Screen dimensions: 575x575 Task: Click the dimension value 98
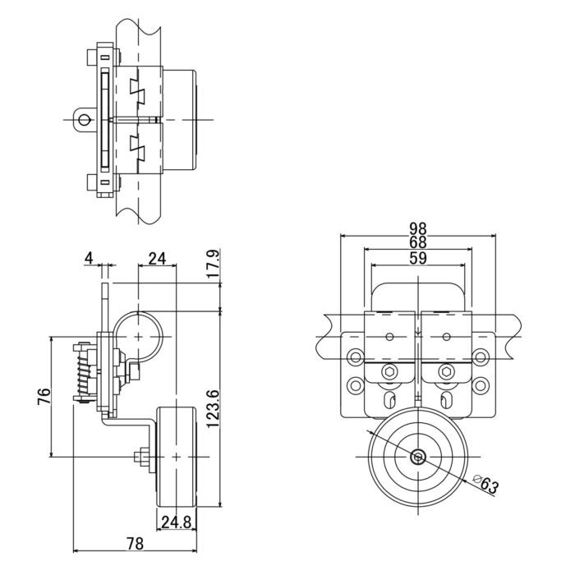tap(419, 228)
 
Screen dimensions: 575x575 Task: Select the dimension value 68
tap(419, 242)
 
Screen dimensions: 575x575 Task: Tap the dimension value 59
tap(419, 257)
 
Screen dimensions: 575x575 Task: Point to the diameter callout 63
tap(488, 485)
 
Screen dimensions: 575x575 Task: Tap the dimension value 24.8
tap(177, 522)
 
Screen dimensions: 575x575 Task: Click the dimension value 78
tap(136, 543)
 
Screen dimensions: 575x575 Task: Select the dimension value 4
tap(88, 259)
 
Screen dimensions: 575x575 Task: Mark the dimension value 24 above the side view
tap(156, 259)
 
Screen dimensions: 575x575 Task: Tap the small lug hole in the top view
tap(83, 120)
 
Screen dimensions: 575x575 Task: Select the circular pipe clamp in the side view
tap(138, 338)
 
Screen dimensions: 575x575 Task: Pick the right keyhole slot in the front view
tap(449, 401)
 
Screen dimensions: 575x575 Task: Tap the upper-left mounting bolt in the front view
tap(355, 357)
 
